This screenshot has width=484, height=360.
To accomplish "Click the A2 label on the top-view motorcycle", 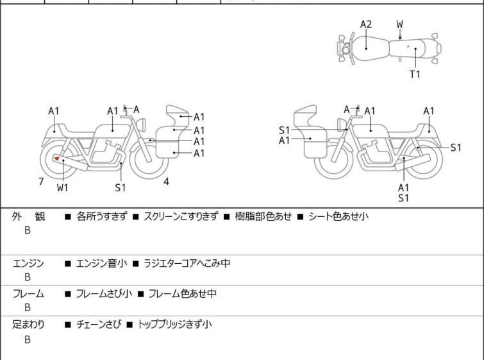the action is (366, 24).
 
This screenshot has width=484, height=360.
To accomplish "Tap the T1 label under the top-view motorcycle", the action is (415, 74).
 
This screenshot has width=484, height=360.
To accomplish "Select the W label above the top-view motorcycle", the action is (400, 24).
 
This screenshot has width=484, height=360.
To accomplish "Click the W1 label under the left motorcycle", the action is (63, 187).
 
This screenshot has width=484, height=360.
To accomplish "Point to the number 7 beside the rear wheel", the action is (41, 182).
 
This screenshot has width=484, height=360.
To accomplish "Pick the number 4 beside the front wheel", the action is (167, 182).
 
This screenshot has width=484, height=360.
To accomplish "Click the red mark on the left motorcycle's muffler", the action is (56, 159).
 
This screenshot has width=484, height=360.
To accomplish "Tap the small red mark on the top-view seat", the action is (408, 47).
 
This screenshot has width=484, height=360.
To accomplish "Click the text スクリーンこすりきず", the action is (181, 216).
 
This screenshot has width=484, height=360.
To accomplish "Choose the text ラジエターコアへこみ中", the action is (187, 263).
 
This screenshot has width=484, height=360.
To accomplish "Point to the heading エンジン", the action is (28, 263).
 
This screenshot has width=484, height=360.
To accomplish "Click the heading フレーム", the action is (28, 293).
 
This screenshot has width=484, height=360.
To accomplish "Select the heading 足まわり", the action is (28, 325).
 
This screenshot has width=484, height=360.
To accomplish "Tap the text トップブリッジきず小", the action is (174, 324).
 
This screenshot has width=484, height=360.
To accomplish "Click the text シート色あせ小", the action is (338, 216).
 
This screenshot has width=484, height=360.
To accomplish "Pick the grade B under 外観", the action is (28, 230).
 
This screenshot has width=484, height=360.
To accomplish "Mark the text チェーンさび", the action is (98, 324).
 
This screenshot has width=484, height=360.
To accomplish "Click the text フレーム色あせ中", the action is (183, 293).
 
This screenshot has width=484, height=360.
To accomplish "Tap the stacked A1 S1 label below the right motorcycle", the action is (403, 193).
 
